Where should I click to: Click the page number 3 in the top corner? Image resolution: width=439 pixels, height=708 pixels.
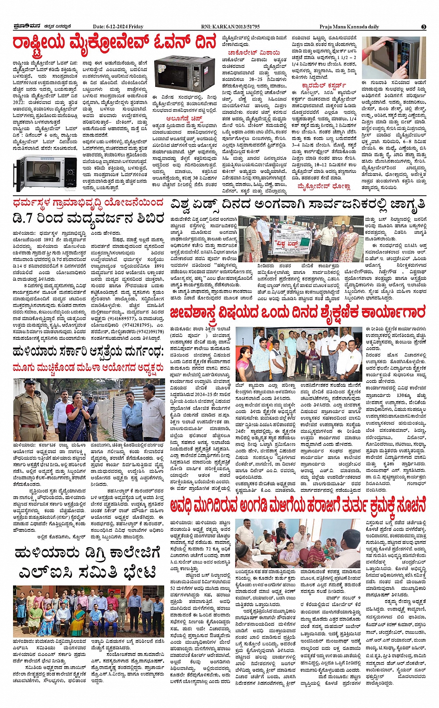[423, 27]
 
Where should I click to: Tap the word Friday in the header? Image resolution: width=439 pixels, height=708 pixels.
[136, 27]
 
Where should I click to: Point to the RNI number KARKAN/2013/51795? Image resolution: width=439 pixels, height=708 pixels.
[237, 27]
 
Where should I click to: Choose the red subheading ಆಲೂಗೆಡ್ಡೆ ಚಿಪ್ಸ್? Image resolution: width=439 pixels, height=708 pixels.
[183, 119]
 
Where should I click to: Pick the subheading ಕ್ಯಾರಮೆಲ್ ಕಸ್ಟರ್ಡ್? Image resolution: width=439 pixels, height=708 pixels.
[324, 86]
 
